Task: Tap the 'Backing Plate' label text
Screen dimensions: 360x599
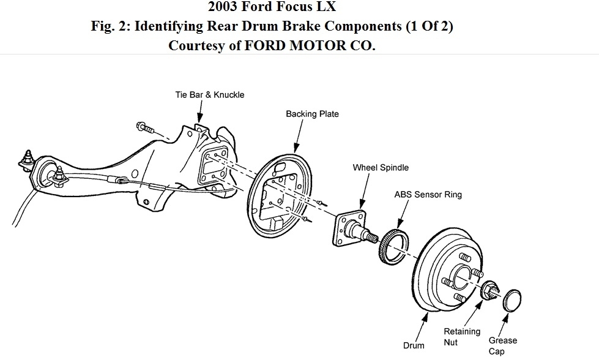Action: pyautogui.click(x=312, y=114)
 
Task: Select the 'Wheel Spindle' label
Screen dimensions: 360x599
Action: pyautogui.click(x=381, y=168)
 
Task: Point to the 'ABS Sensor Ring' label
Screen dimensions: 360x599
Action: pyautogui.click(x=428, y=195)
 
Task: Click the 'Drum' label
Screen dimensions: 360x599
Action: pyautogui.click(x=414, y=346)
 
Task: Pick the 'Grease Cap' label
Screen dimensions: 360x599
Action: pyautogui.click(x=502, y=346)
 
